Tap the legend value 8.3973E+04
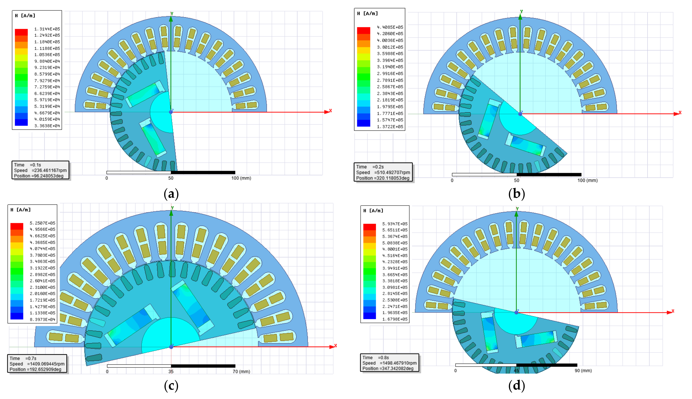[x=43, y=319]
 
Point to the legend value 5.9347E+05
[x=395, y=224]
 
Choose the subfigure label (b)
[x=516, y=194]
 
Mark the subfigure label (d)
[x=516, y=386]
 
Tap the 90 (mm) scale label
[x=583, y=371]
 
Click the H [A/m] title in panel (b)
[x=367, y=13]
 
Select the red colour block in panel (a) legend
[x=21, y=32]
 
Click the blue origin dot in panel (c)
[x=171, y=347]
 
